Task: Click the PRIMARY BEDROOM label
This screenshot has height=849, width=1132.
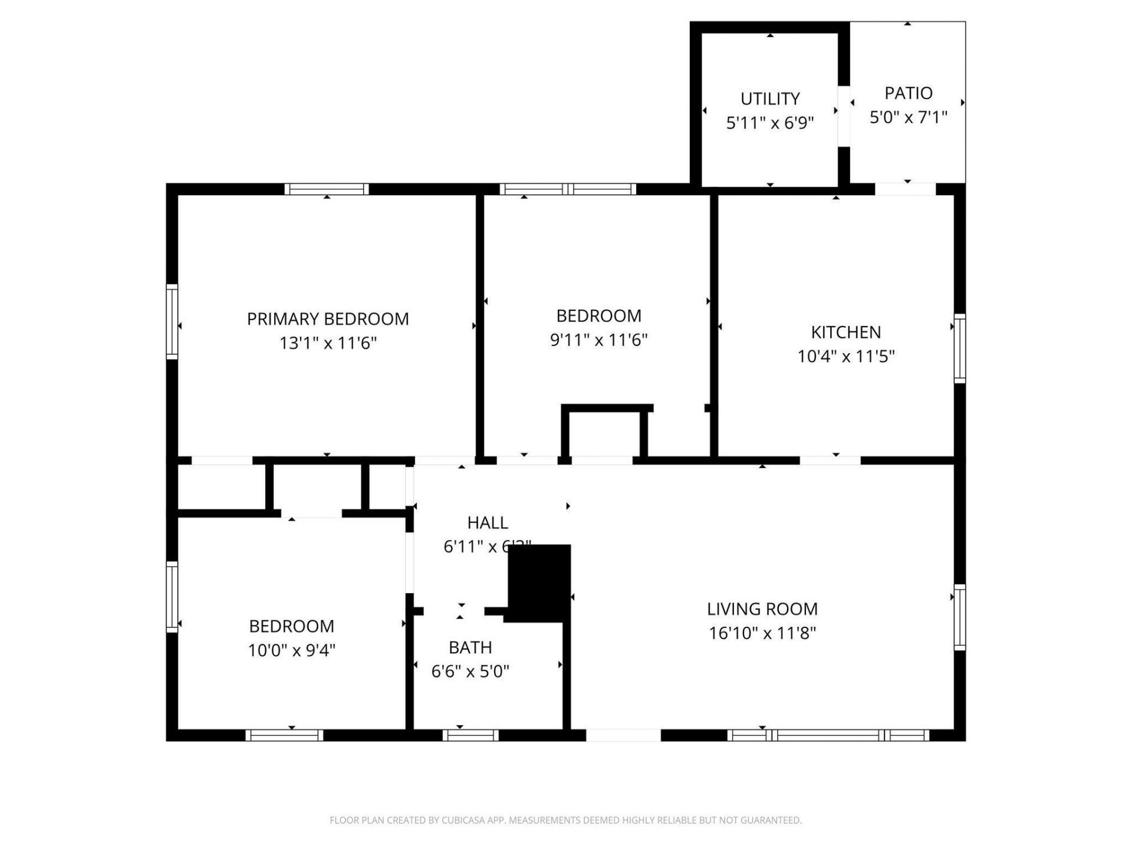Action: [328, 319]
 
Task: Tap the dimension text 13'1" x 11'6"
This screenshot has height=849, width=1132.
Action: [328, 343]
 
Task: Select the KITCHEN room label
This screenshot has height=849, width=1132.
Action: [845, 333]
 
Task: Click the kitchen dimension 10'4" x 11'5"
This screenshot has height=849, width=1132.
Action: [845, 356]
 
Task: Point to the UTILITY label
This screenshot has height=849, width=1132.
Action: [770, 98]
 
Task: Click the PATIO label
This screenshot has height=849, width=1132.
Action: [908, 93]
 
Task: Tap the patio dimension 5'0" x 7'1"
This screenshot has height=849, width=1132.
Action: [908, 117]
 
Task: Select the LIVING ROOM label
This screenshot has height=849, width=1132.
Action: [762, 609]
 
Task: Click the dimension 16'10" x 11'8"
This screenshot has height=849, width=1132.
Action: [762, 633]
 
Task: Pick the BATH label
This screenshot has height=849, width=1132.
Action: [470, 647]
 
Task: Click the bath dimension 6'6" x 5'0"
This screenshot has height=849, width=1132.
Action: [470, 671]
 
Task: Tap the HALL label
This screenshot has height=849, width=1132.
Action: [488, 522]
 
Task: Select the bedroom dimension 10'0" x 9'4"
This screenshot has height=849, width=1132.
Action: [291, 650]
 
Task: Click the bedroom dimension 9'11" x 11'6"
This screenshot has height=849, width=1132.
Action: [598, 340]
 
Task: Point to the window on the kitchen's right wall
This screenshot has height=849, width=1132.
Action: [959, 348]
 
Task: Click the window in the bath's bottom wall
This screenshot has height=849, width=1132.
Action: [470, 735]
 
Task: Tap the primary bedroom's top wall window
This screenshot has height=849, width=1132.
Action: [327, 189]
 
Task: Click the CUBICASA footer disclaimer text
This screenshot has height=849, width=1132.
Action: [565, 820]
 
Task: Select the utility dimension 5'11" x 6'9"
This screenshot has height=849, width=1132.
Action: [770, 123]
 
